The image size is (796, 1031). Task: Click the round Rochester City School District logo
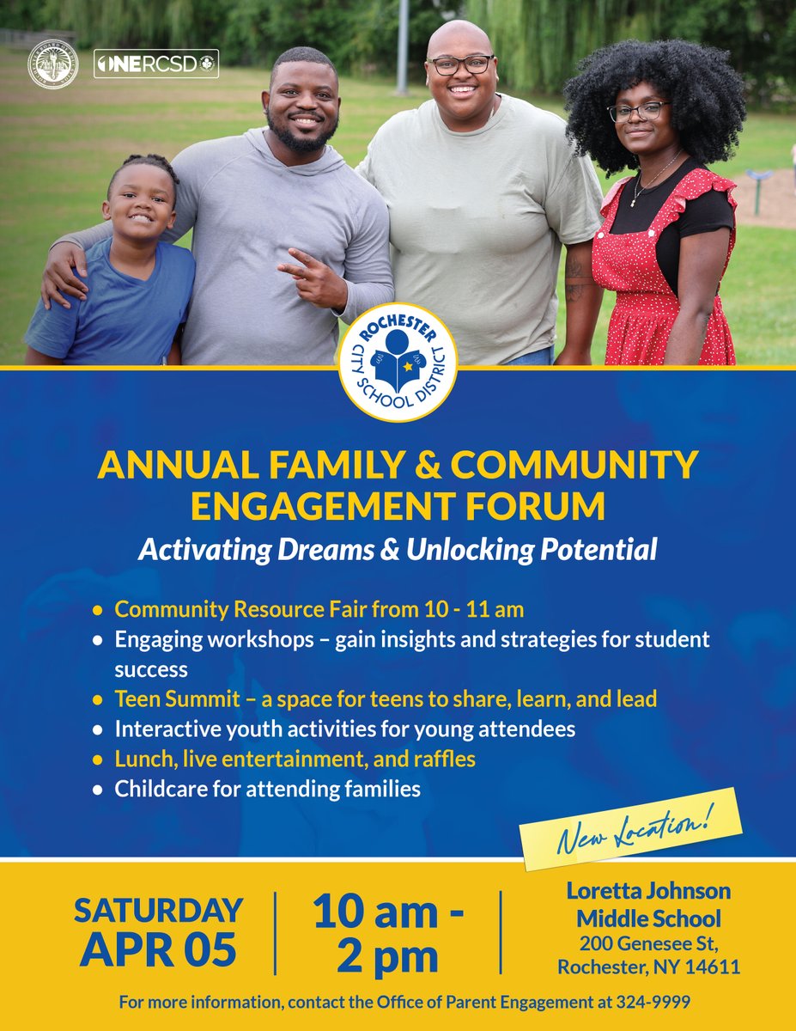(x=398, y=362)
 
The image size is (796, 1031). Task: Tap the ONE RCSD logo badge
(x=155, y=64)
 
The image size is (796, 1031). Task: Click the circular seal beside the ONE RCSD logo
(x=53, y=64)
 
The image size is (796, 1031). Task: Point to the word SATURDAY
(x=158, y=910)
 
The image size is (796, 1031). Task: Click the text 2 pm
(x=387, y=955)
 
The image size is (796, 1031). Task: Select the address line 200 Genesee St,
(x=648, y=944)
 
